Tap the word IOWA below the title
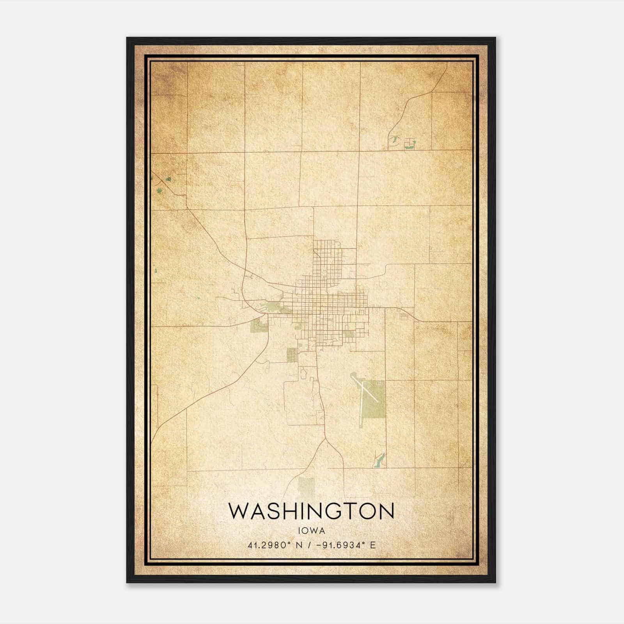[311, 531]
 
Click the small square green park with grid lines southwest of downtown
[292, 355]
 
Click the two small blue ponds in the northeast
[402, 143]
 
